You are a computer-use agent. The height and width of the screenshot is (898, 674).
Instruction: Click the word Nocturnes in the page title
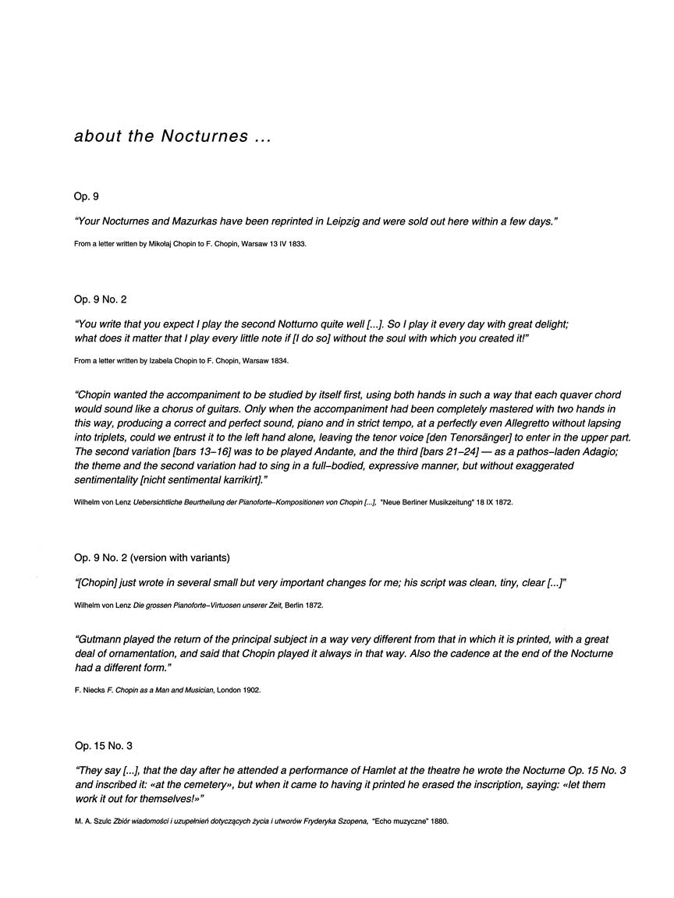204,136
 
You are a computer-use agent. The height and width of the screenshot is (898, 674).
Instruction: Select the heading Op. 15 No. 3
104,746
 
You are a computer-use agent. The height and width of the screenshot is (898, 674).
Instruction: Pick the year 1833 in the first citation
296,244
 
